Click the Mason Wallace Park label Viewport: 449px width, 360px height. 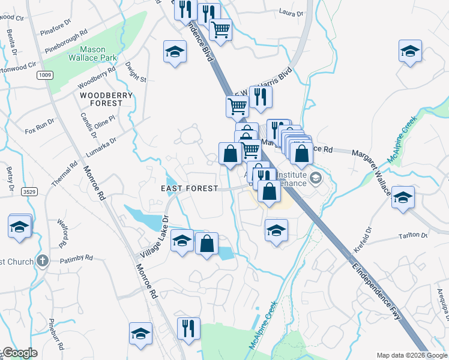(84, 55)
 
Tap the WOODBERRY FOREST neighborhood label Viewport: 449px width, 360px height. (101, 99)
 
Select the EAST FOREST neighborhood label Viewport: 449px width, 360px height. (189, 188)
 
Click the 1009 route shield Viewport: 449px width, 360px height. (44, 75)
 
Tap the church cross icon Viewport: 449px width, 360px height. (41, 260)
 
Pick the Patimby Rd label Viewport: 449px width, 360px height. (76, 259)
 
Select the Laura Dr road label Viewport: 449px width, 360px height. (292, 11)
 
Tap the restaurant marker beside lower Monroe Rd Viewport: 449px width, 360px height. (188, 328)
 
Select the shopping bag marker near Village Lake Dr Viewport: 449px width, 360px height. (206, 244)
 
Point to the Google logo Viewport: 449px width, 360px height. (20, 353)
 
